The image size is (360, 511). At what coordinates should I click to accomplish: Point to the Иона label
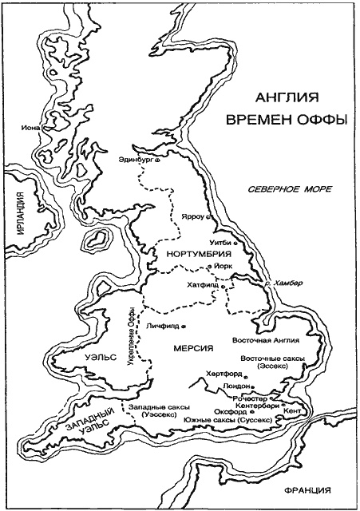33,126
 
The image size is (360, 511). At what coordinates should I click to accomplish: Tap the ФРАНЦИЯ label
306,490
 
